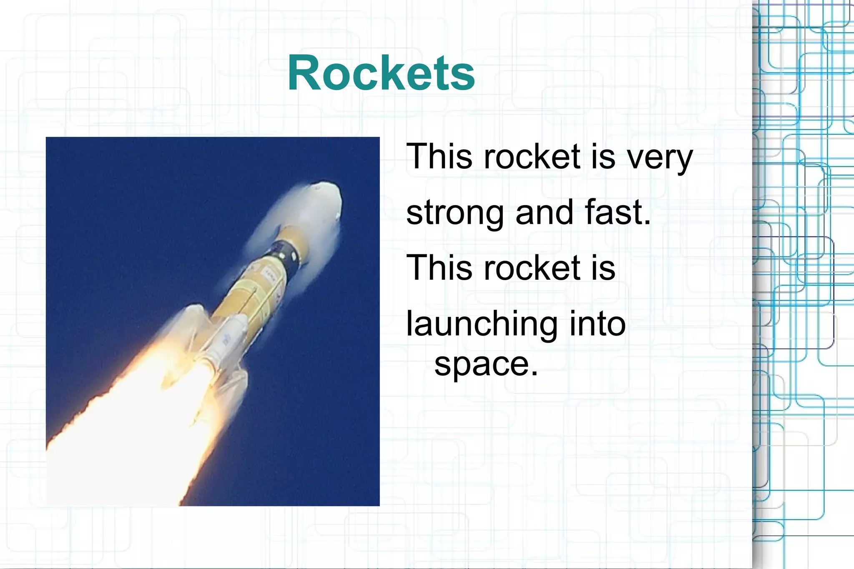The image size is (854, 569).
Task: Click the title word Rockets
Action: click(x=381, y=73)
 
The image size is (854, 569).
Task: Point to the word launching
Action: click(x=482, y=324)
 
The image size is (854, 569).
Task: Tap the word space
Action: click(x=482, y=364)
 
